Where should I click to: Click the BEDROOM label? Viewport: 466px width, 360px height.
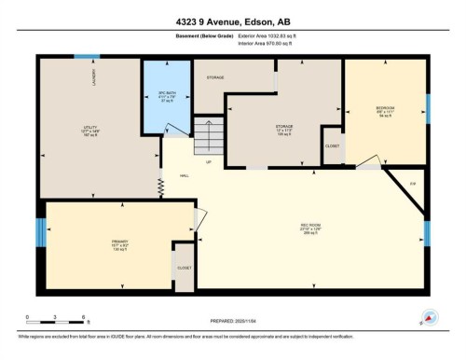(384, 112)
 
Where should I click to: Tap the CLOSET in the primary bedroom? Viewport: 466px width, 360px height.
(184, 268)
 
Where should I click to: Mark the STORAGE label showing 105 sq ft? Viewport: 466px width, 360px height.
(283, 128)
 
